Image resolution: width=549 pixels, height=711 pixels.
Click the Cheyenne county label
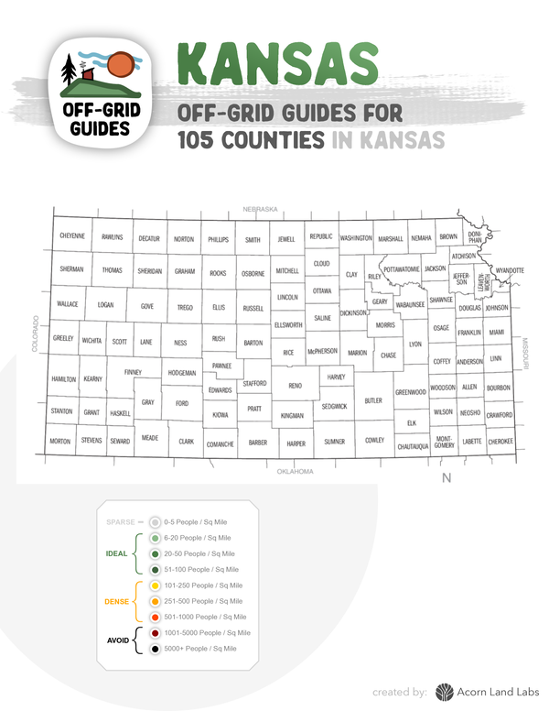72,236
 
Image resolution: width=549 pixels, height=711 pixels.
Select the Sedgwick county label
334,406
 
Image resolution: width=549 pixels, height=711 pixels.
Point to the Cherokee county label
500,441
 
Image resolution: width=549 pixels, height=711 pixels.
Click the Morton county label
60,442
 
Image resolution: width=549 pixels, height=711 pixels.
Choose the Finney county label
134,372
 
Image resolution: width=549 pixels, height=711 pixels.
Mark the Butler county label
373,400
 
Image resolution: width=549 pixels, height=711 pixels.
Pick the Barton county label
253,343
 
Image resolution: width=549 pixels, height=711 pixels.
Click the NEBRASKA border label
260,210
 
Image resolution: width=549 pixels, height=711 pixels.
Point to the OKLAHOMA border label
295,472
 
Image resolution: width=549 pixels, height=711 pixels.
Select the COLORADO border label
38,334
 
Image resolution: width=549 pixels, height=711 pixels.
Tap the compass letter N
447,477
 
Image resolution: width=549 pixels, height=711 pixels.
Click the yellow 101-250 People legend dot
156,585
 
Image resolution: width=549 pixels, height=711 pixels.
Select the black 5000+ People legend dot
156,649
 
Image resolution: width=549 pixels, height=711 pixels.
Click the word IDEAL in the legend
115,553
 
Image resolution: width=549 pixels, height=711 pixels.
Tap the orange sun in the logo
120,67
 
